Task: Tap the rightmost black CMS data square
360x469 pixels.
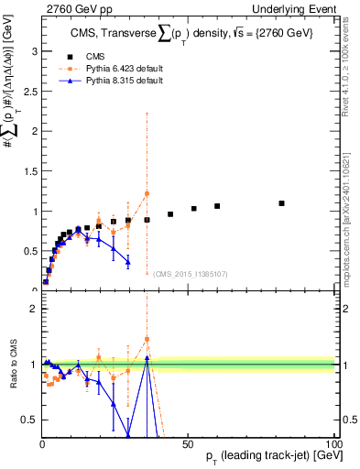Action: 281,203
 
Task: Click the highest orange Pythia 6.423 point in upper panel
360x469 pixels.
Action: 147,193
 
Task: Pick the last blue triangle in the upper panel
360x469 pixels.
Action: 127,262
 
